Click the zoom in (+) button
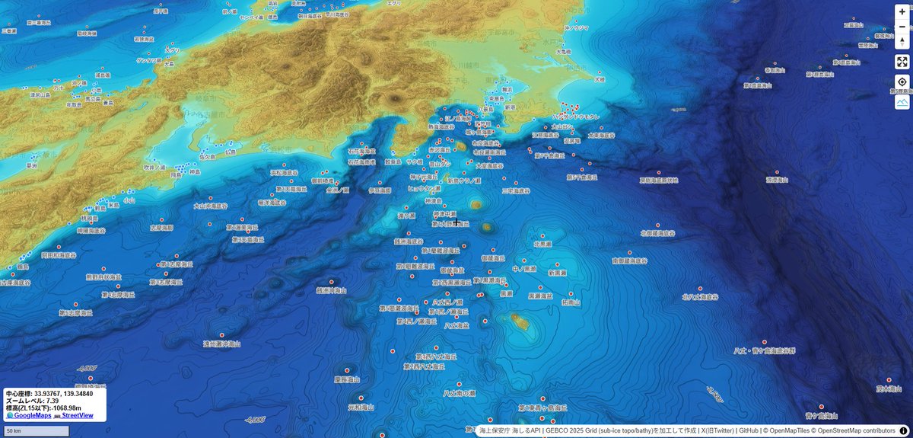[902, 11]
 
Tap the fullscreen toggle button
[902, 62]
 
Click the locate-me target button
[902, 82]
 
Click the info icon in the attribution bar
[903, 431]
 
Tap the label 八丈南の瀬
[460, 393]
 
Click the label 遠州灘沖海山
[221, 344]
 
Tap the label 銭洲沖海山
[332, 290]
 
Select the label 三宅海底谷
[518, 191]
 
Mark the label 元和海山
[361, 408]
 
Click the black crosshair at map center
[456, 223]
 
